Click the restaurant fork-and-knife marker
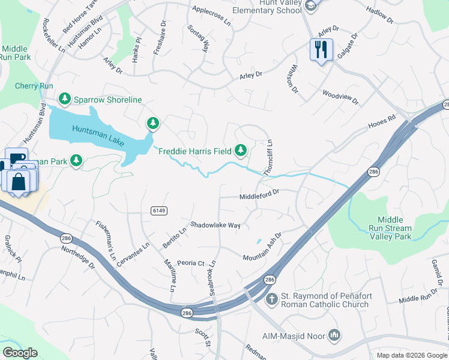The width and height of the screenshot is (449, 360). tap(321, 49)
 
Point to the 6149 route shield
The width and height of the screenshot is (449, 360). tap(159, 211)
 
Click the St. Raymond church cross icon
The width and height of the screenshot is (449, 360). tap(271, 299)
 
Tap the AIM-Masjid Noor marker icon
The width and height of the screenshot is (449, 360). tap(334, 334)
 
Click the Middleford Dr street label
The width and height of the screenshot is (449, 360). tap(259, 194)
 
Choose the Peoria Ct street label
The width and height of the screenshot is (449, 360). tap(191, 263)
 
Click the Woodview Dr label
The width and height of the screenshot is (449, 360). tap(340, 97)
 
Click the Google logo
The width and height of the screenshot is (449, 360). tap(20, 353)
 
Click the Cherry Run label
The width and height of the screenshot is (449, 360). tap(34, 86)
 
